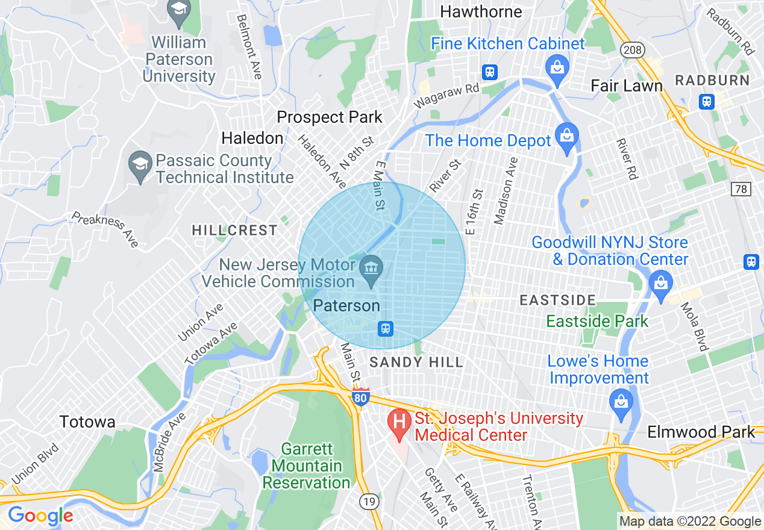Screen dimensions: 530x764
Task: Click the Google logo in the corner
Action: pos(40,516)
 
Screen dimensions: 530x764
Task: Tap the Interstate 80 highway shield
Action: pos(360,398)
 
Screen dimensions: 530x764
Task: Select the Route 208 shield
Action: pos(633,50)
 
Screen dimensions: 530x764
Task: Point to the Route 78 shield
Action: pos(741,189)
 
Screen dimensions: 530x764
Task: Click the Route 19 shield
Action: pos(367,500)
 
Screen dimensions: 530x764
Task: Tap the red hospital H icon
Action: pos(399,420)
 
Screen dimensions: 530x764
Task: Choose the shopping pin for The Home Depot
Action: pos(566,136)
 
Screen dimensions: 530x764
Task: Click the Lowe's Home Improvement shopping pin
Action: pos(620,400)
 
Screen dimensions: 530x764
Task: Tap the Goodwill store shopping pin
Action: pos(661,282)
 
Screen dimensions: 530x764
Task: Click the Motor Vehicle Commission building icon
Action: pos(369,266)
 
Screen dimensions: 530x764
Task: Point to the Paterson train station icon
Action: pos(386,328)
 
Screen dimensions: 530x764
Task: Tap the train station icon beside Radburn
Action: pos(707,101)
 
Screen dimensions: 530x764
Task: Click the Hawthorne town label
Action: pos(481,11)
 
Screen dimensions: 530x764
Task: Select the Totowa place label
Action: pos(87,422)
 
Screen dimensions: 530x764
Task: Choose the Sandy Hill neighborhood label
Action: pos(416,362)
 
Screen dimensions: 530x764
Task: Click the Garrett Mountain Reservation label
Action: pos(306,466)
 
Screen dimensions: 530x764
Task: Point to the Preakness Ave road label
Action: pos(105,229)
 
